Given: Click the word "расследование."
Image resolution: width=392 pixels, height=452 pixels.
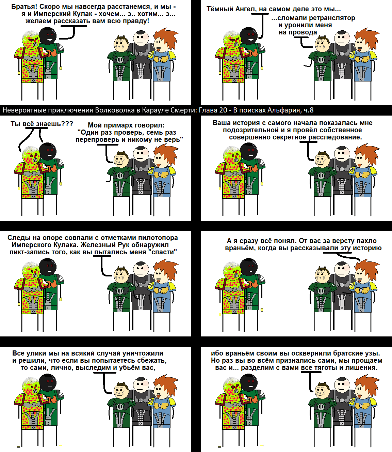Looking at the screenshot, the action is (x=335, y=137).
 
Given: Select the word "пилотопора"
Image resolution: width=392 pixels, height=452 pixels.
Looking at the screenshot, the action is (x=158, y=238).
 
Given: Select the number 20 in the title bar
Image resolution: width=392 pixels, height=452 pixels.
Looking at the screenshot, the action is (x=223, y=110).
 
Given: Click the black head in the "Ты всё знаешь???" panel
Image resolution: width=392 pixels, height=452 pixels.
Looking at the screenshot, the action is (x=47, y=152).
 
